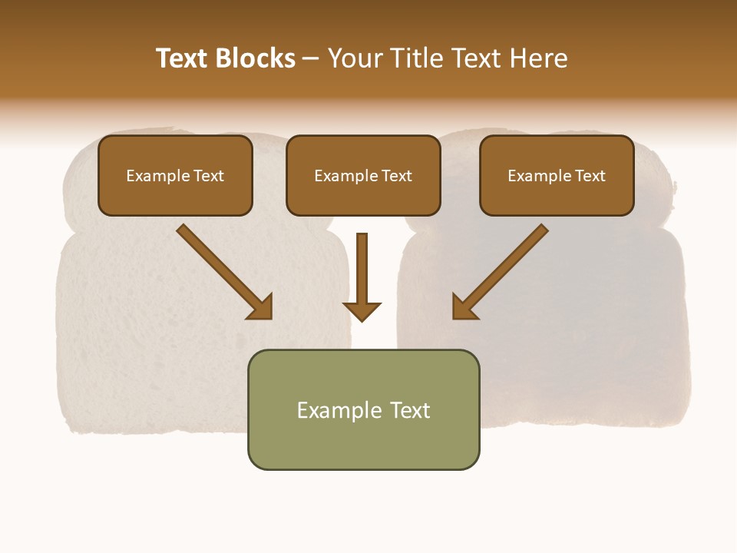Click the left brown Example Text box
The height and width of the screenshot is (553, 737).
coord(175,175)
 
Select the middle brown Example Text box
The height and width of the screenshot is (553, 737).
coord(363,175)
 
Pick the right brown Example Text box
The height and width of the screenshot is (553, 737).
coord(557,175)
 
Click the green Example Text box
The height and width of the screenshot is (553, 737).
coord(363,409)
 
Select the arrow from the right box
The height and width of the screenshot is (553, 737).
coord(503,269)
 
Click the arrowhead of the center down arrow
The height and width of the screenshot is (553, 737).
coord(362,311)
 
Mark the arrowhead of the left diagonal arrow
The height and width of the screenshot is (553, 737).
coord(261,307)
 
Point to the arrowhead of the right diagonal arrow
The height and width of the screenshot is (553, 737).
coord(464,306)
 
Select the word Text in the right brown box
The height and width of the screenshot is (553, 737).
coord(590,176)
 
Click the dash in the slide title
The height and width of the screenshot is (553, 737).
coord(311,59)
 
